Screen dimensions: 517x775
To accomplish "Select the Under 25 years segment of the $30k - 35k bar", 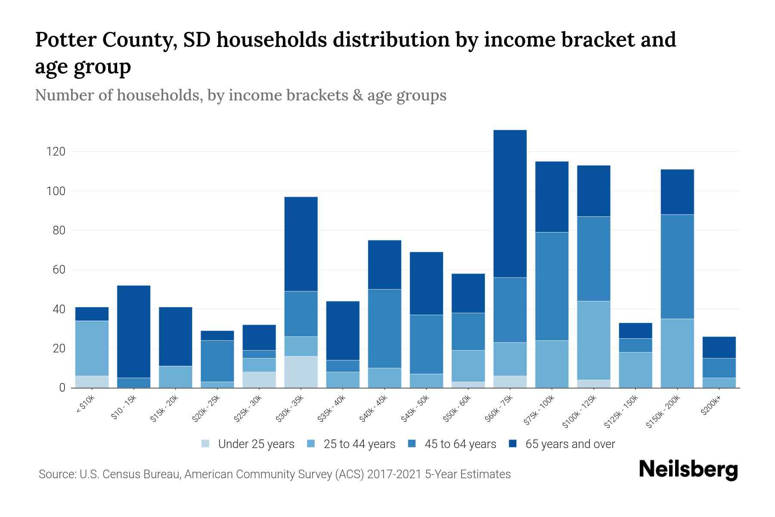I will point(301,372).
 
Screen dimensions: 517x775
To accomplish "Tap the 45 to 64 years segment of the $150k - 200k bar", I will point(677,266).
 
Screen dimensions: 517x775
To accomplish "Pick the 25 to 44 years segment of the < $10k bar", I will point(92,348).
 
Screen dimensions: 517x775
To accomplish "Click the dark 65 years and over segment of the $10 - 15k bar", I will point(133,331).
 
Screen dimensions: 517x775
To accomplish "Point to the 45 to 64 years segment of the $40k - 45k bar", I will point(384,328).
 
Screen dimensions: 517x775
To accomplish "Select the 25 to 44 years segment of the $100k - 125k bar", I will point(594,340).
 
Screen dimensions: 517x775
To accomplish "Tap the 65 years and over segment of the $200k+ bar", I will point(719,347).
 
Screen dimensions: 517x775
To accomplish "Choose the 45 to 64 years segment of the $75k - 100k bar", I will point(552,286).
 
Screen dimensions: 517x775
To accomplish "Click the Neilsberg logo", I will point(688,469).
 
